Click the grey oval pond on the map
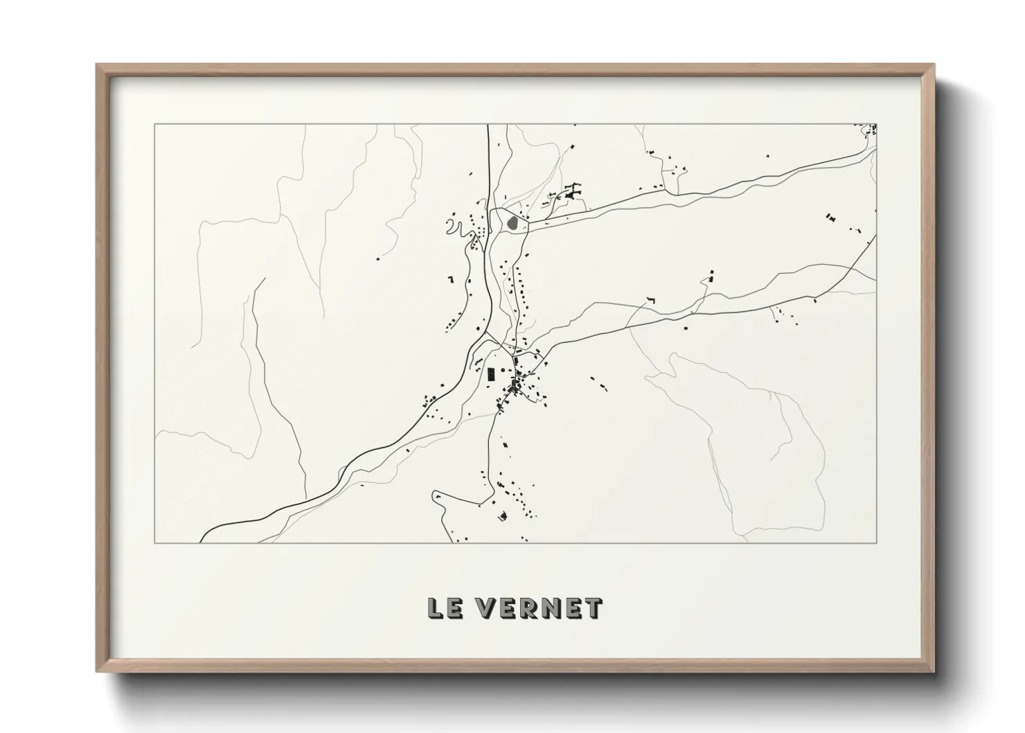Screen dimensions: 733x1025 [512, 223]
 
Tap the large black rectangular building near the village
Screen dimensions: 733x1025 [491, 375]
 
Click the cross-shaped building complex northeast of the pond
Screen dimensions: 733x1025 [572, 192]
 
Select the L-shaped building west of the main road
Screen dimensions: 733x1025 [450, 279]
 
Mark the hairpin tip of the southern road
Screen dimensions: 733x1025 [434, 495]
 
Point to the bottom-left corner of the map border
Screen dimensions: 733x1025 [154, 542]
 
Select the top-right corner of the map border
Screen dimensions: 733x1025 [877, 125]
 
